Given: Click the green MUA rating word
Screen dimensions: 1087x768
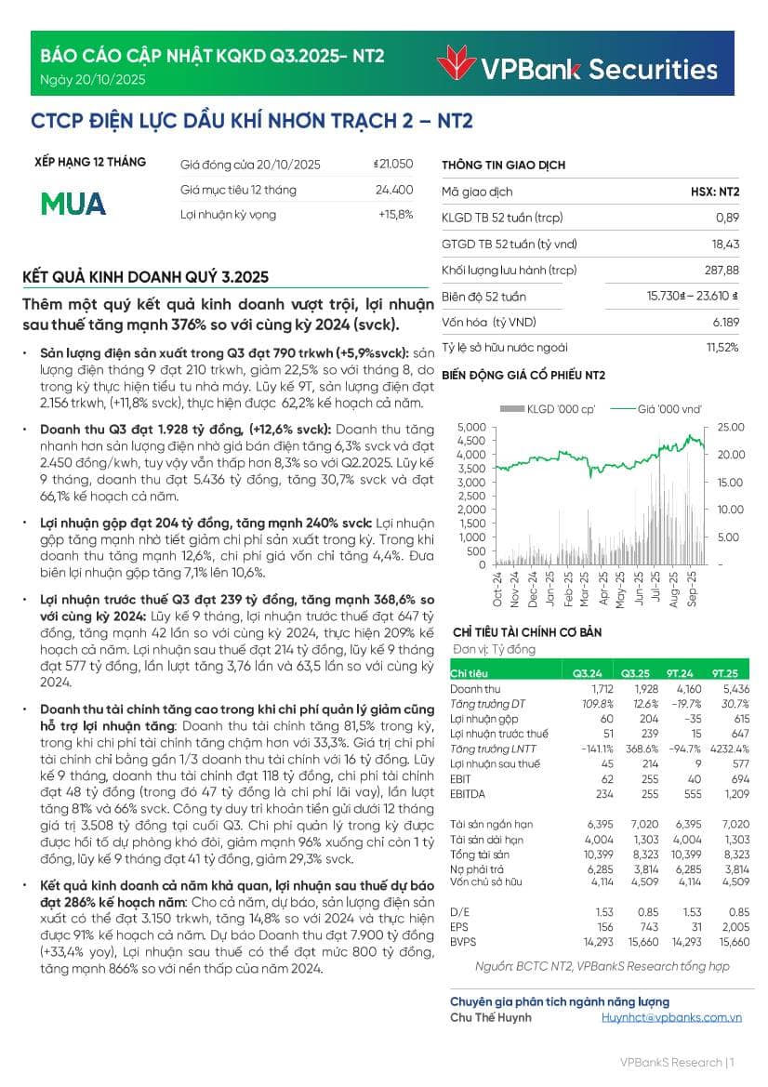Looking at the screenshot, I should [x=74, y=204].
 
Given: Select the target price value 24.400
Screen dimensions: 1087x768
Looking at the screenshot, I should [x=394, y=190].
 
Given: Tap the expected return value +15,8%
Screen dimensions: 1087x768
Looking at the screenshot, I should [x=395, y=215].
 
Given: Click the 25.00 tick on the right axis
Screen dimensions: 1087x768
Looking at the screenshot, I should [x=731, y=427].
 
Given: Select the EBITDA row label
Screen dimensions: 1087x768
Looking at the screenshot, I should [x=467, y=794].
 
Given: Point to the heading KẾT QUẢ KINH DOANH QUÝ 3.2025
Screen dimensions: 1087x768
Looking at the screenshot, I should [x=146, y=277].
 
